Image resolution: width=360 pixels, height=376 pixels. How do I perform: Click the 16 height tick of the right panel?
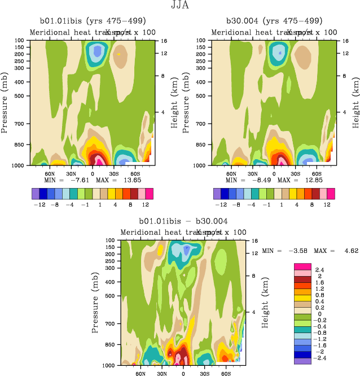346,41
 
